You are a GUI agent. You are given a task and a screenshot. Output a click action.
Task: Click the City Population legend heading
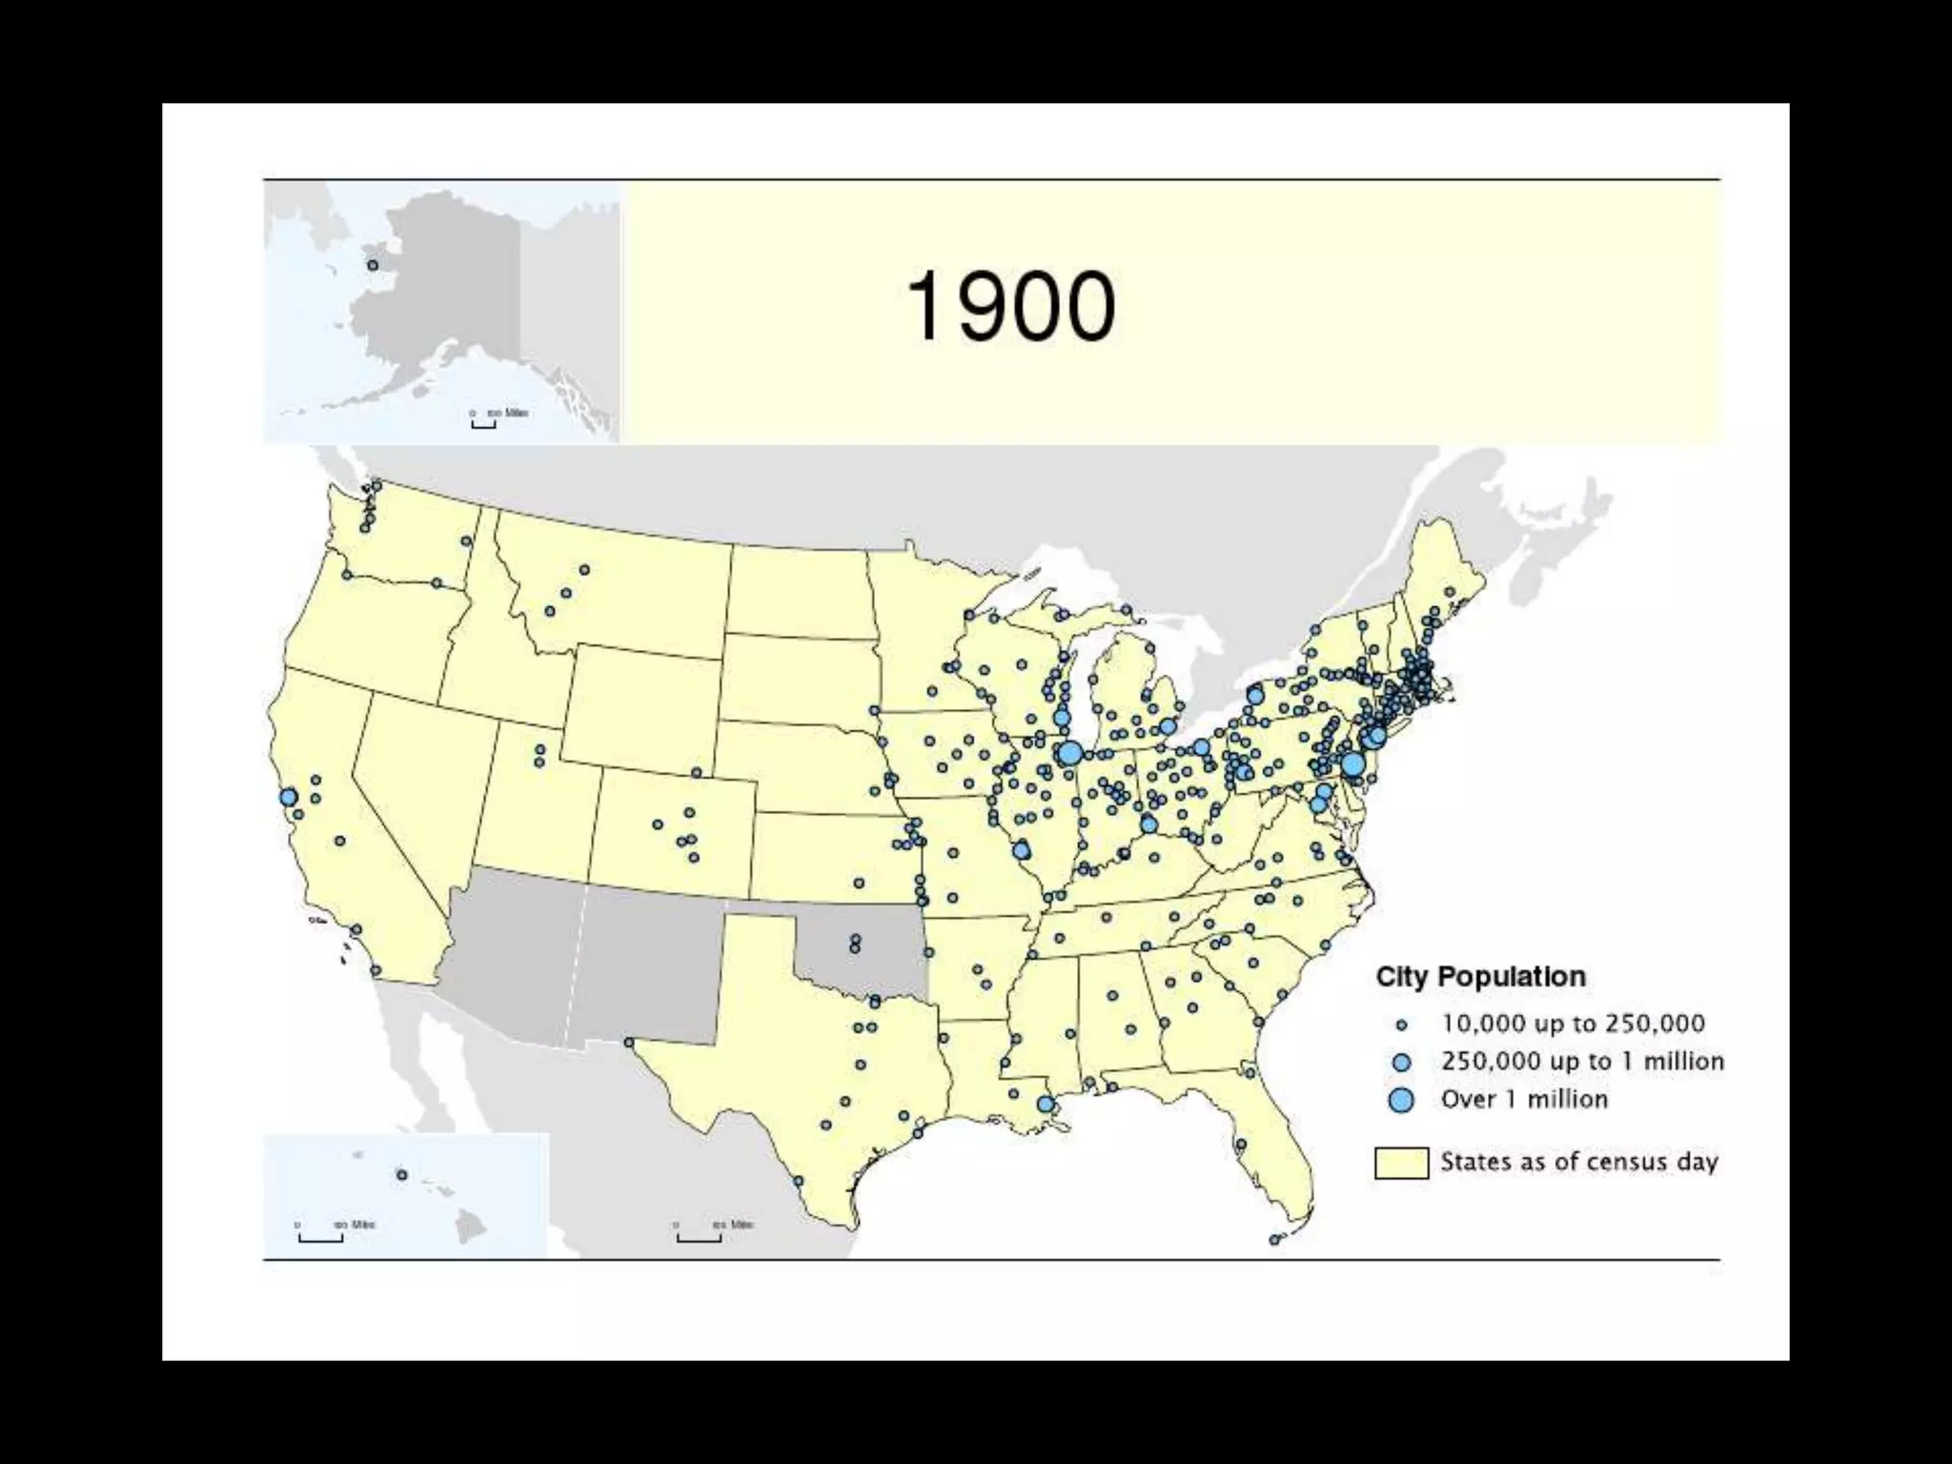1480,977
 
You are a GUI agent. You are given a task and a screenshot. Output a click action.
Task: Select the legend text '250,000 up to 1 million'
1582,1061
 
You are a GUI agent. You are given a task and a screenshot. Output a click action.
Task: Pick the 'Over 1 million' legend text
1524,1099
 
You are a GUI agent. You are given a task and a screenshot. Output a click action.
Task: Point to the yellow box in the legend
1401,1163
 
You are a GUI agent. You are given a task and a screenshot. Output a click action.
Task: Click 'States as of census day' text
1578,1162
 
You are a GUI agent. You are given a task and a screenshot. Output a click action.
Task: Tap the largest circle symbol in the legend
1401,1100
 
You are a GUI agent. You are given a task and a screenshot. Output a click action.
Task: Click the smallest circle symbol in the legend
1401,1026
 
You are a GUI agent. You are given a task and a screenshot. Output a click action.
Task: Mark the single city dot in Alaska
373,265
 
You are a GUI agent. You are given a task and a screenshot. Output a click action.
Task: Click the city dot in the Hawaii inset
401,1175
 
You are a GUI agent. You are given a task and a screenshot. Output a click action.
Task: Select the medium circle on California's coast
289,797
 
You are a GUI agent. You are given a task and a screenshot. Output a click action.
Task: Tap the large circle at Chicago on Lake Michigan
1069,753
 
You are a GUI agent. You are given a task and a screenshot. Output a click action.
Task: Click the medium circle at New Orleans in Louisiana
1046,1105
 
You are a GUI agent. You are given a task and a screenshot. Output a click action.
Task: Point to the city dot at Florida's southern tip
1274,1240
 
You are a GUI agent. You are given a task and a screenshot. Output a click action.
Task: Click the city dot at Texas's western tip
629,1043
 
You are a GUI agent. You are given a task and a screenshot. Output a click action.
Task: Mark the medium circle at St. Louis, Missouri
1022,850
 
